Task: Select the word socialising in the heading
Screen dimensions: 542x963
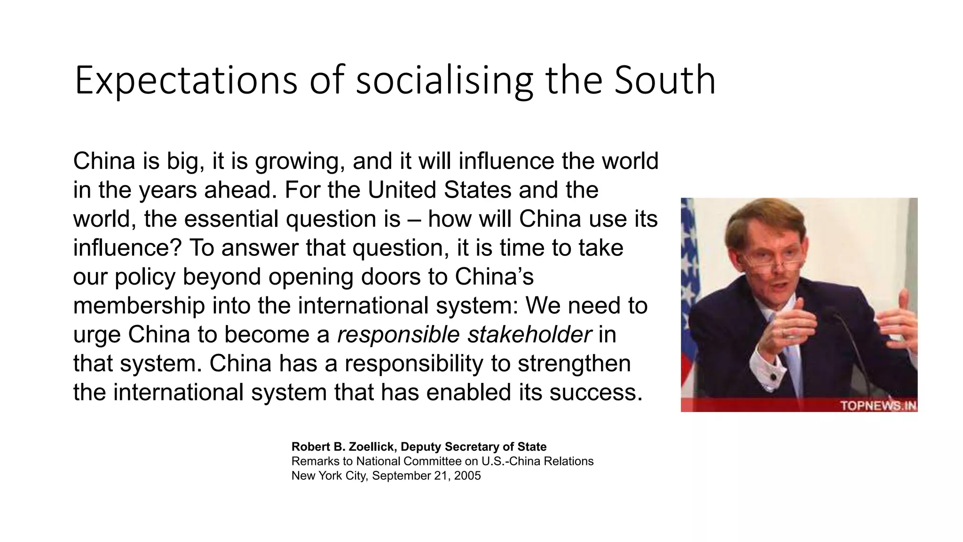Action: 444,81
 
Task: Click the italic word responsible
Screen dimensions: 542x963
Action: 398,335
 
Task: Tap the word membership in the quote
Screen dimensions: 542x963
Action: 139,306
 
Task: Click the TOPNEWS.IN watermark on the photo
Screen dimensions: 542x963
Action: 877,406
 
